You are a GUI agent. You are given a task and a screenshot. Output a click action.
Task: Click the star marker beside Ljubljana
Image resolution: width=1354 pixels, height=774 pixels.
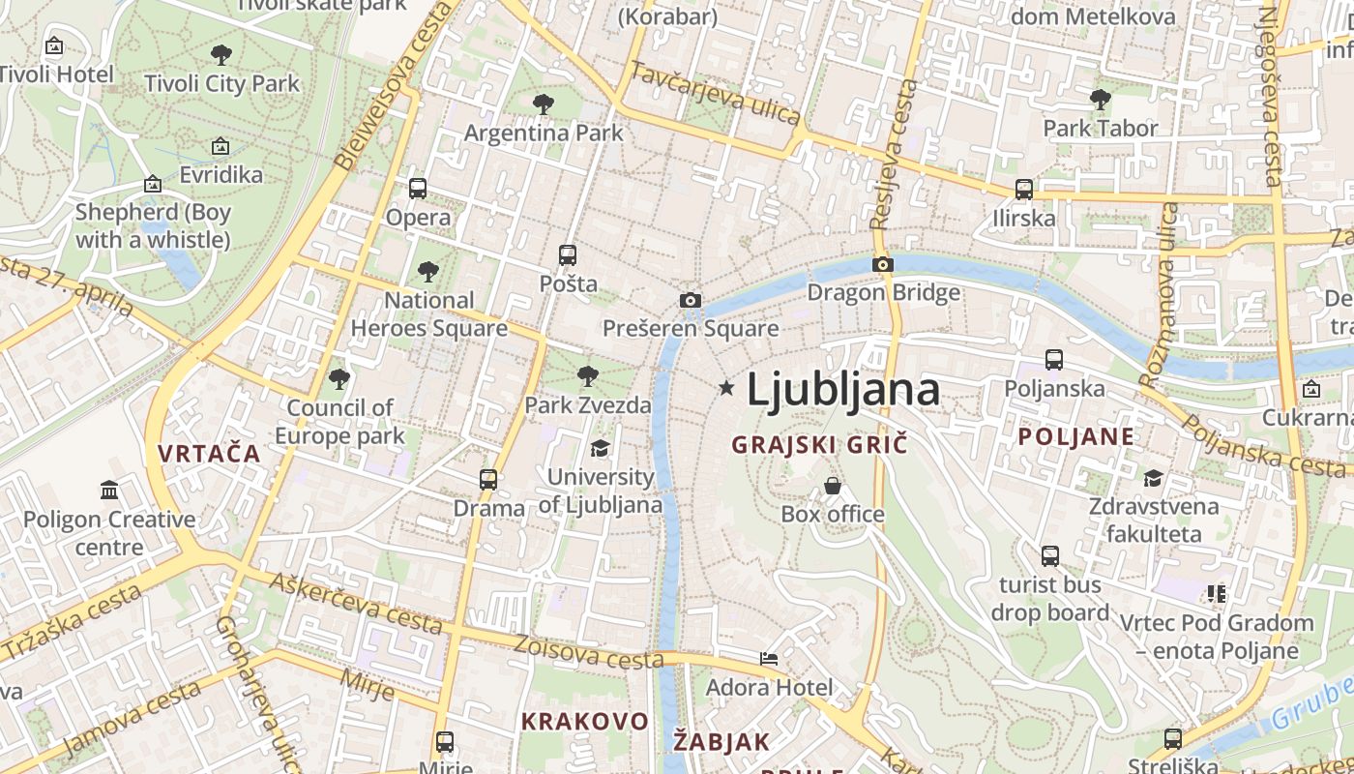click(x=726, y=388)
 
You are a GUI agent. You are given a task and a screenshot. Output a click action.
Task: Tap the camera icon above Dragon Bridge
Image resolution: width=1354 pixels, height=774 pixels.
click(x=882, y=264)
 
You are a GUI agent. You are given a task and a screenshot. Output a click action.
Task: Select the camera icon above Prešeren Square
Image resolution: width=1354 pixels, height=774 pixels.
click(x=690, y=300)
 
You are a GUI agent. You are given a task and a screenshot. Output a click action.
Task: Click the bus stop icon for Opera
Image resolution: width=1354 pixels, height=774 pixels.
click(x=418, y=189)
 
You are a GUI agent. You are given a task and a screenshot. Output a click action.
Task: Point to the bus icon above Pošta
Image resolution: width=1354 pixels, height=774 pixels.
click(x=568, y=255)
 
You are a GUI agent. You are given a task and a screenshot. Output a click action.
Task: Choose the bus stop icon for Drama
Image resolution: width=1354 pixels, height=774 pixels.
click(x=488, y=479)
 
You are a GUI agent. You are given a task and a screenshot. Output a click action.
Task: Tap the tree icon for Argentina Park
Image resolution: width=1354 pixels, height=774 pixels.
click(x=544, y=104)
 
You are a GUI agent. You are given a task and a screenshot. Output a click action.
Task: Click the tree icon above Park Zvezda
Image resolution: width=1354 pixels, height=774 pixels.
click(x=587, y=376)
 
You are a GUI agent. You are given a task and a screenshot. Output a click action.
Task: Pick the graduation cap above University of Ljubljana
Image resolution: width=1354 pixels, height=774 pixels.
click(x=600, y=448)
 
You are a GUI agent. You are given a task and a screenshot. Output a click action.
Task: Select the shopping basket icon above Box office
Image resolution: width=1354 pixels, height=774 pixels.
click(x=832, y=486)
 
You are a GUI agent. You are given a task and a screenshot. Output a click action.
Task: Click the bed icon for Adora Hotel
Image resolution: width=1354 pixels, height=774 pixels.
click(x=769, y=659)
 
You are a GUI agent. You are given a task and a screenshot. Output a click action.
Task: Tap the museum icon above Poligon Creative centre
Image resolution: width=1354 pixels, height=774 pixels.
click(x=108, y=491)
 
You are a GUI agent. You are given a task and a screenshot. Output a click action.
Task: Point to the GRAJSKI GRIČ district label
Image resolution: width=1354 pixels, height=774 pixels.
click(x=819, y=445)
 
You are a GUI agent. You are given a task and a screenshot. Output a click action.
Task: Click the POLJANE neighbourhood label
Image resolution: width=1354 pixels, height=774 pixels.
click(x=1075, y=436)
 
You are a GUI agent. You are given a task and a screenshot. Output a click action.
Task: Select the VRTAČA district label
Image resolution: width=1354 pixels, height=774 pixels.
click(x=209, y=453)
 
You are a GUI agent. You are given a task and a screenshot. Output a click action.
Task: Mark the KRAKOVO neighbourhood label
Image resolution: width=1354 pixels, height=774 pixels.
click(x=584, y=721)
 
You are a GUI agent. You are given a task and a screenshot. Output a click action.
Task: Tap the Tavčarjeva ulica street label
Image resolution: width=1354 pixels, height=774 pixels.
click(x=715, y=94)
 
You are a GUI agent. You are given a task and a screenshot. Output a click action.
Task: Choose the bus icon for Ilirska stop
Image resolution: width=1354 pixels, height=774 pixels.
click(x=1024, y=190)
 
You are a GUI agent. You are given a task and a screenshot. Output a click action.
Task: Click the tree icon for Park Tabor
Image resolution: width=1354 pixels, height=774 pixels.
click(x=1100, y=99)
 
